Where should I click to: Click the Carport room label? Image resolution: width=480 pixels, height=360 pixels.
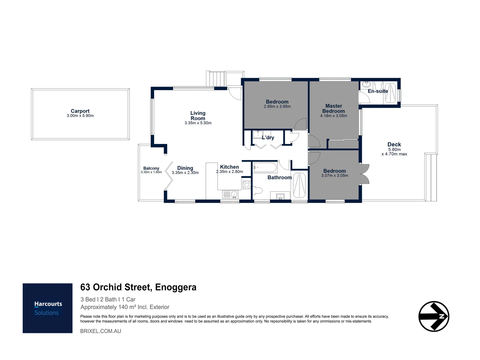[x=80, y=111]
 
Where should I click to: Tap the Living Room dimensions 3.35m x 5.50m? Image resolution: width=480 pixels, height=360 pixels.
[x=198, y=123]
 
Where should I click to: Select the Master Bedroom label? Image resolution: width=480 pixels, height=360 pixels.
[x=334, y=108]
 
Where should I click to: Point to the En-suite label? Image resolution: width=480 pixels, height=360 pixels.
[x=378, y=91]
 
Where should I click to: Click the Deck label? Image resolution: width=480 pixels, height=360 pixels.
[x=394, y=144]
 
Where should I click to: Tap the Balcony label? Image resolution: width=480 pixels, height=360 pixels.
[x=151, y=168]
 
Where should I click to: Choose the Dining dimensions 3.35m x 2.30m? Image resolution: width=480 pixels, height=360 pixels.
[x=185, y=173]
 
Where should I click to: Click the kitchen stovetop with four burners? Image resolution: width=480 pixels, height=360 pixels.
[x=247, y=185]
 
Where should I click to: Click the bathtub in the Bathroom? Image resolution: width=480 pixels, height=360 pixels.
[x=265, y=167]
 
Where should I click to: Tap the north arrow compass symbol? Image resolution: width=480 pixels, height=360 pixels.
[x=434, y=316]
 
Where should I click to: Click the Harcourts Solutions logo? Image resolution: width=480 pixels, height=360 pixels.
[x=48, y=308]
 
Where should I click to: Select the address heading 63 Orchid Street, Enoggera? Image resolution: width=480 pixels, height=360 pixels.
[x=138, y=287]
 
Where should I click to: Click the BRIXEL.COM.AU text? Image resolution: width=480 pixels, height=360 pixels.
[x=100, y=331]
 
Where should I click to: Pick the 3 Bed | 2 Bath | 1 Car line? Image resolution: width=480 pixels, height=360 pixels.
[x=108, y=299]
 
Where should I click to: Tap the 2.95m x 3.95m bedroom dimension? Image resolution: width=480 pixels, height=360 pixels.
[x=277, y=107]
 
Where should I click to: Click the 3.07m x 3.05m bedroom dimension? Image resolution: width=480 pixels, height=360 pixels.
[x=335, y=176]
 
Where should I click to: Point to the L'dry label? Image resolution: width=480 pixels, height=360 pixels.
[x=268, y=137]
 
